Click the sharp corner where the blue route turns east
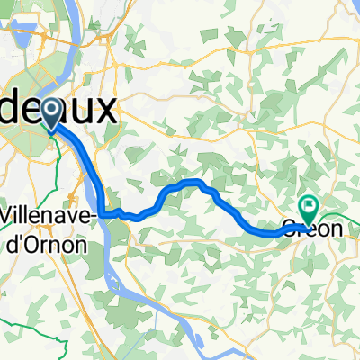pos(103,214)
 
